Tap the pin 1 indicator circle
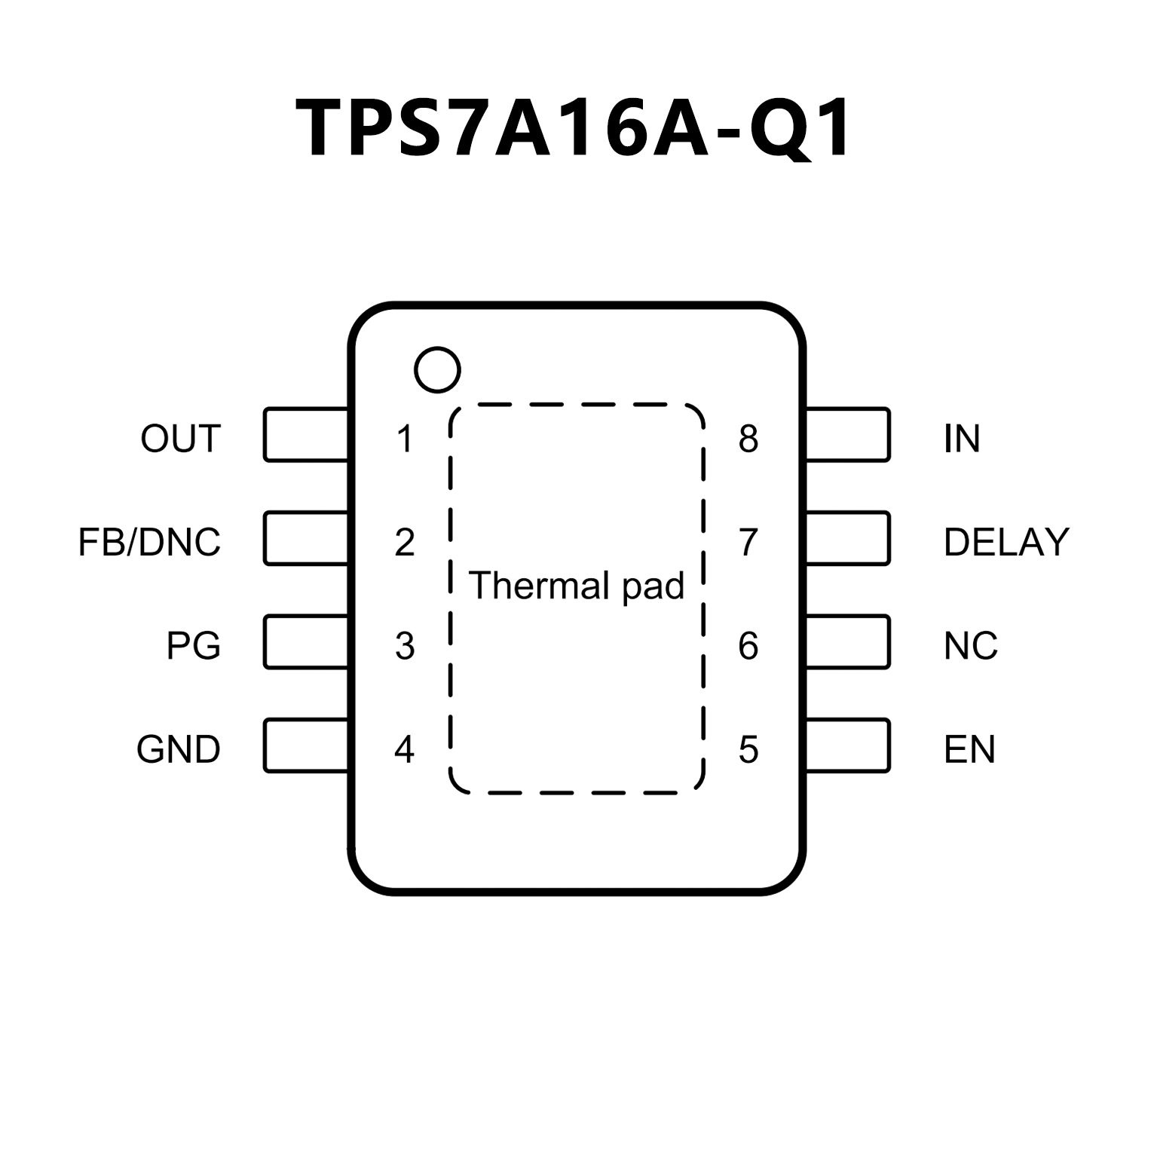coord(437,369)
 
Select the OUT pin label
coord(181,438)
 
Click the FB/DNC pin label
coord(149,542)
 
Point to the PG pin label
coord(194,645)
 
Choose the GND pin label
coord(179,749)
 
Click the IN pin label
coord(962,438)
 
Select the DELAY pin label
coord(1006,542)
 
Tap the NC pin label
coord(971,645)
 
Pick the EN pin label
coord(969,749)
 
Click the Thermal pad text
coord(577,586)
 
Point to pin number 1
coord(405,439)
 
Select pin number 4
coord(405,749)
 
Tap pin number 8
coord(748,439)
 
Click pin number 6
coord(748,645)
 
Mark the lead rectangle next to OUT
coord(306,435)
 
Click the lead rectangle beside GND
coord(306,745)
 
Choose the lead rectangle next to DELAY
coord(848,538)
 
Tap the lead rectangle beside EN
coord(848,745)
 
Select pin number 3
coord(405,646)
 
